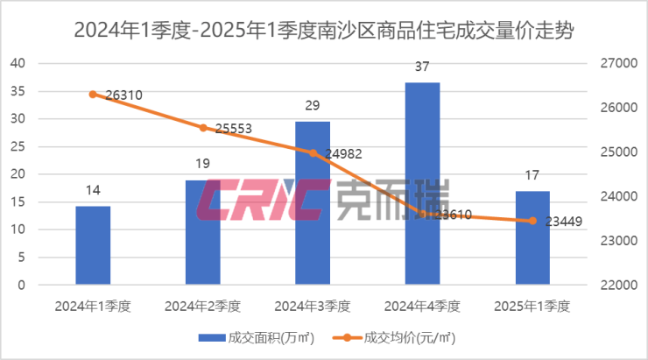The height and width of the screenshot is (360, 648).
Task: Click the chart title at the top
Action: (324, 32)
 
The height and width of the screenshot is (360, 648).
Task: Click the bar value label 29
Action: (313, 105)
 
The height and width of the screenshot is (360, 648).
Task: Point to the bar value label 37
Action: (423, 67)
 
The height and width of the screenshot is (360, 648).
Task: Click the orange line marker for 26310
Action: (93, 94)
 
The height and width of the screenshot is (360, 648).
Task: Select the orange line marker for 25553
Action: (203, 127)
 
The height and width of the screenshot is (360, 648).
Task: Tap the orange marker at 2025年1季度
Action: (532, 221)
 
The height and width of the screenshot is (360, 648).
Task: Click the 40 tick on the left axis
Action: (18, 63)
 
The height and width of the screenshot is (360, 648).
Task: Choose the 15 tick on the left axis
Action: (18, 202)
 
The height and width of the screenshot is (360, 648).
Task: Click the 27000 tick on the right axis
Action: (613, 63)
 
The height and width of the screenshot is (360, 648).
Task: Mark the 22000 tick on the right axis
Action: (613, 286)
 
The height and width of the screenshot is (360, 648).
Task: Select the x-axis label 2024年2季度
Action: (203, 307)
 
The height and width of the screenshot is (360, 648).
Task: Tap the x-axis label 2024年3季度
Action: (313, 307)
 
